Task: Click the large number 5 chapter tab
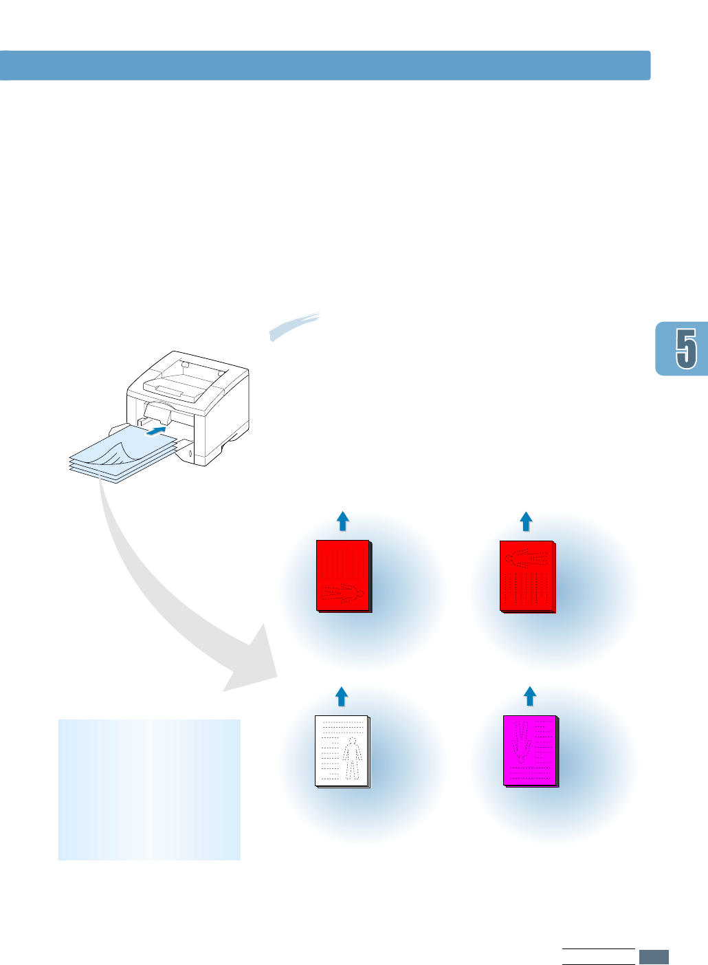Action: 685,348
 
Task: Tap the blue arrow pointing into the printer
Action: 157,431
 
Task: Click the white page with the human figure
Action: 342,751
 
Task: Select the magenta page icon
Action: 531,750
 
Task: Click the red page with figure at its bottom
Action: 343,576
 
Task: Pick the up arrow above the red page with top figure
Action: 526,521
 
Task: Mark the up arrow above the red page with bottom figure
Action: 342,521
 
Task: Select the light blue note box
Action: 149,790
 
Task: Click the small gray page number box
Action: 654,957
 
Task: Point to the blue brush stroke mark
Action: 296,325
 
